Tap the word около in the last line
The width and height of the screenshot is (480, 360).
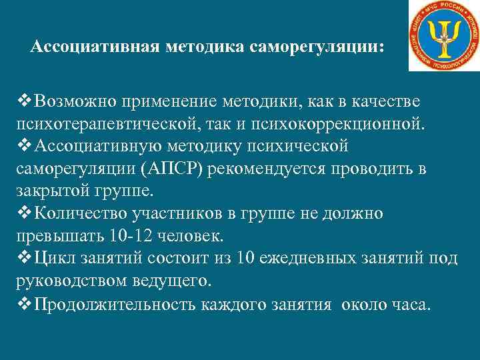[366, 305]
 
